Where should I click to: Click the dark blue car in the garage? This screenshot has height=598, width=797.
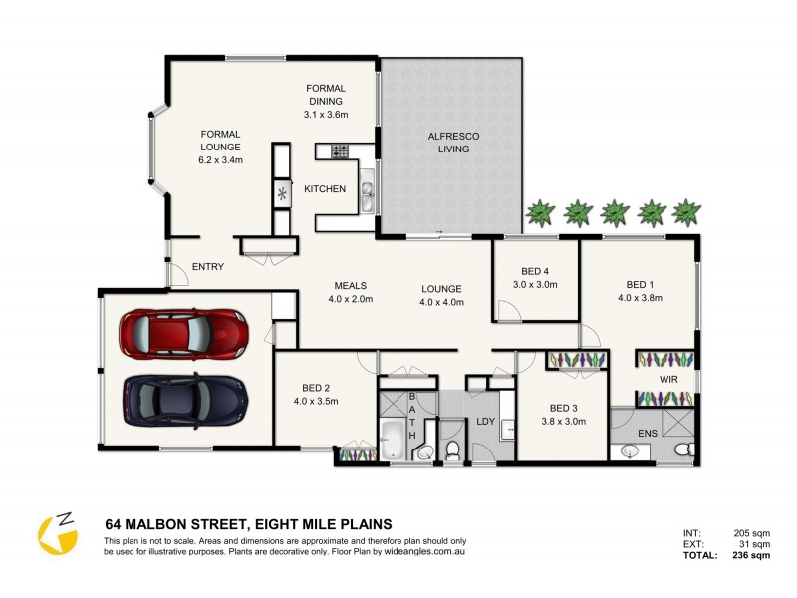[183, 398]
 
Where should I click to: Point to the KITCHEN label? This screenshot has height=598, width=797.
[325, 188]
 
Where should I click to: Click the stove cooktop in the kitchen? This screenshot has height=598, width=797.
[338, 151]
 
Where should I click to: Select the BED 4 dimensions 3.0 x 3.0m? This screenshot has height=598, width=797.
[535, 284]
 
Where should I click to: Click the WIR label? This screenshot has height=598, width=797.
[666, 380]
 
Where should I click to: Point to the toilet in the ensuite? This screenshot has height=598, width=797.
[684, 451]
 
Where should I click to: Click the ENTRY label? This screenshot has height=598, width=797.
[208, 266]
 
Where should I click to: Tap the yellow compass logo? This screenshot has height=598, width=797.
[57, 531]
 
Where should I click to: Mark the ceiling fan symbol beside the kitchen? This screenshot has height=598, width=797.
[282, 193]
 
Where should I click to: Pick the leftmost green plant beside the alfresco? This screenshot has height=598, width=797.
[541, 211]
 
